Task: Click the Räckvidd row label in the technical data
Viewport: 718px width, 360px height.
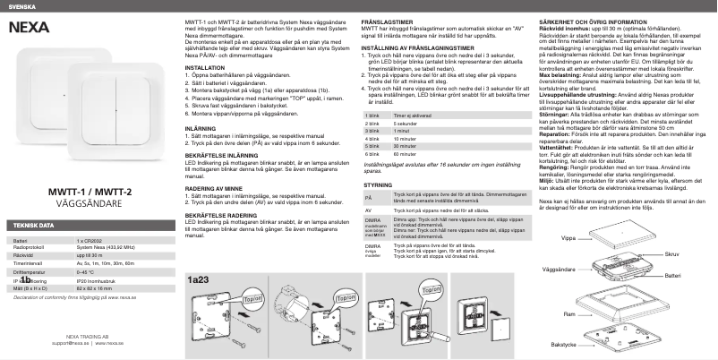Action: (x=19, y=254)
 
